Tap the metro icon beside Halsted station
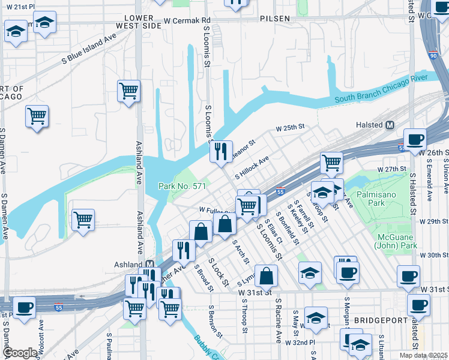tap(390, 125)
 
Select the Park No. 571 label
tap(182, 187)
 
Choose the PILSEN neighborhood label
tap(275, 19)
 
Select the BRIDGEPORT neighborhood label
tap(376, 320)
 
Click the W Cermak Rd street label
tap(188, 20)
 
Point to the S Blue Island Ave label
tap(89, 48)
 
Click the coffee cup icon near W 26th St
tap(414, 140)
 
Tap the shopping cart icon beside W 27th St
tap(331, 161)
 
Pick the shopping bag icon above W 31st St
tap(266, 275)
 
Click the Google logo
tap(20, 353)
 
